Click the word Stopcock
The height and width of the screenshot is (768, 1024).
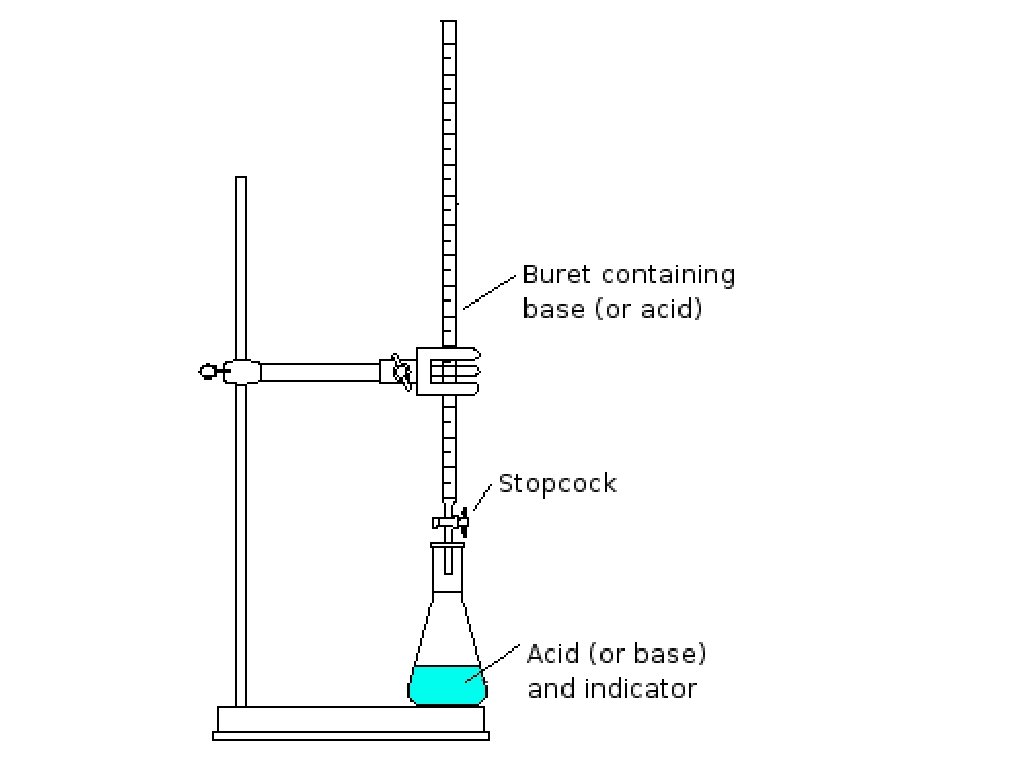(557, 484)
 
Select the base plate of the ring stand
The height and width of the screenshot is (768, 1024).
(351, 719)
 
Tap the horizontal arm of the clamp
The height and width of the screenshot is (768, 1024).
(320, 372)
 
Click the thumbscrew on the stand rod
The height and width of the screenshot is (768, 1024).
(213, 372)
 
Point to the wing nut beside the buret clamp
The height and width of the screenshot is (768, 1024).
(401, 371)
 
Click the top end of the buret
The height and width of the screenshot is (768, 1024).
(448, 26)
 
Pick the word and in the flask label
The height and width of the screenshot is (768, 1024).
(549, 688)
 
